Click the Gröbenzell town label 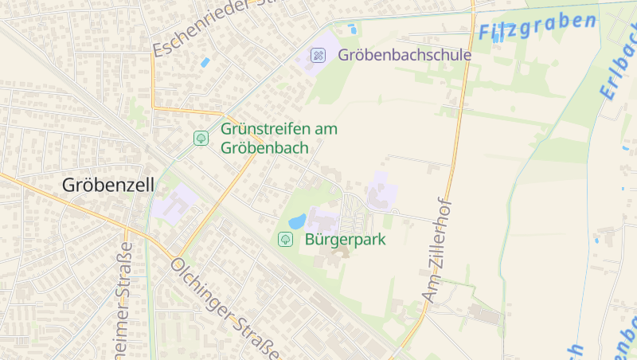tap(108, 185)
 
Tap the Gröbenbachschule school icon tap(318, 55)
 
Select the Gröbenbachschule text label tap(404, 55)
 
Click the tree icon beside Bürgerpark tap(285, 238)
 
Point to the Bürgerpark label tap(346, 238)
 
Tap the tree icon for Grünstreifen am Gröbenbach tap(201, 138)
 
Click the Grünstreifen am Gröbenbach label tap(279, 138)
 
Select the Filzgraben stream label tap(537, 26)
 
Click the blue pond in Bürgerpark tap(296, 221)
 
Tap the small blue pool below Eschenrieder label tap(205, 61)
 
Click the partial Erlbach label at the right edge tap(617, 72)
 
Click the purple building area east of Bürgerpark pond tap(381, 191)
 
